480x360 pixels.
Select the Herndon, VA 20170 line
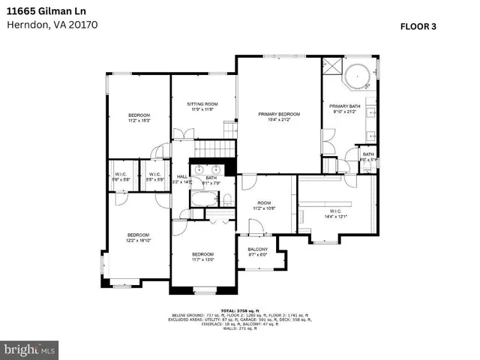coord(52,24)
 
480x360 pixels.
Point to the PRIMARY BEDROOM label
coord(279,116)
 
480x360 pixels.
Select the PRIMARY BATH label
coord(345,109)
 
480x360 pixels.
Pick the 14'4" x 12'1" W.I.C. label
coord(335,213)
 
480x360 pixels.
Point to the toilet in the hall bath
coord(226,199)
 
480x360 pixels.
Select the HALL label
coord(181,179)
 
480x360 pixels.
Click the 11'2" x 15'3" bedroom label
coord(139,117)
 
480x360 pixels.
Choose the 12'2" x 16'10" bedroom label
coord(138,237)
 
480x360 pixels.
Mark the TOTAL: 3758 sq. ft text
coord(238,309)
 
